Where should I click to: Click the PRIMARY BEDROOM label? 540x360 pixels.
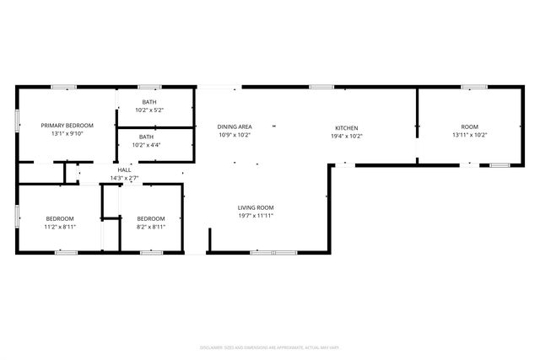67,125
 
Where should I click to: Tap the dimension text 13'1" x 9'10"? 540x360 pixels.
67,133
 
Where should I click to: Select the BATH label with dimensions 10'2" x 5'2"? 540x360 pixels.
148,102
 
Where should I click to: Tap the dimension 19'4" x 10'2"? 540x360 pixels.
347,136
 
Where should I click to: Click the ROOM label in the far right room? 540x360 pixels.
469,126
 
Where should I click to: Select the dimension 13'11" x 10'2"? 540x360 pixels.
469,135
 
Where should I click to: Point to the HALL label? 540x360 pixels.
124,169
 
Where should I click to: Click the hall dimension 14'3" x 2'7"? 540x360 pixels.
124,178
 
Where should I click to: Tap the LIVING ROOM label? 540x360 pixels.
255,207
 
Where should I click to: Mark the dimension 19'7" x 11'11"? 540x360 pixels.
255,216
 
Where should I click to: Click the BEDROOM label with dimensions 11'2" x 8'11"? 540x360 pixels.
60,218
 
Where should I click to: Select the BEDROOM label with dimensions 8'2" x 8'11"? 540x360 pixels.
151,218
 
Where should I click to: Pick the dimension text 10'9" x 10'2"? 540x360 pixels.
235,135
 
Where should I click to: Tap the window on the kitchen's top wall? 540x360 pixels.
321,87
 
